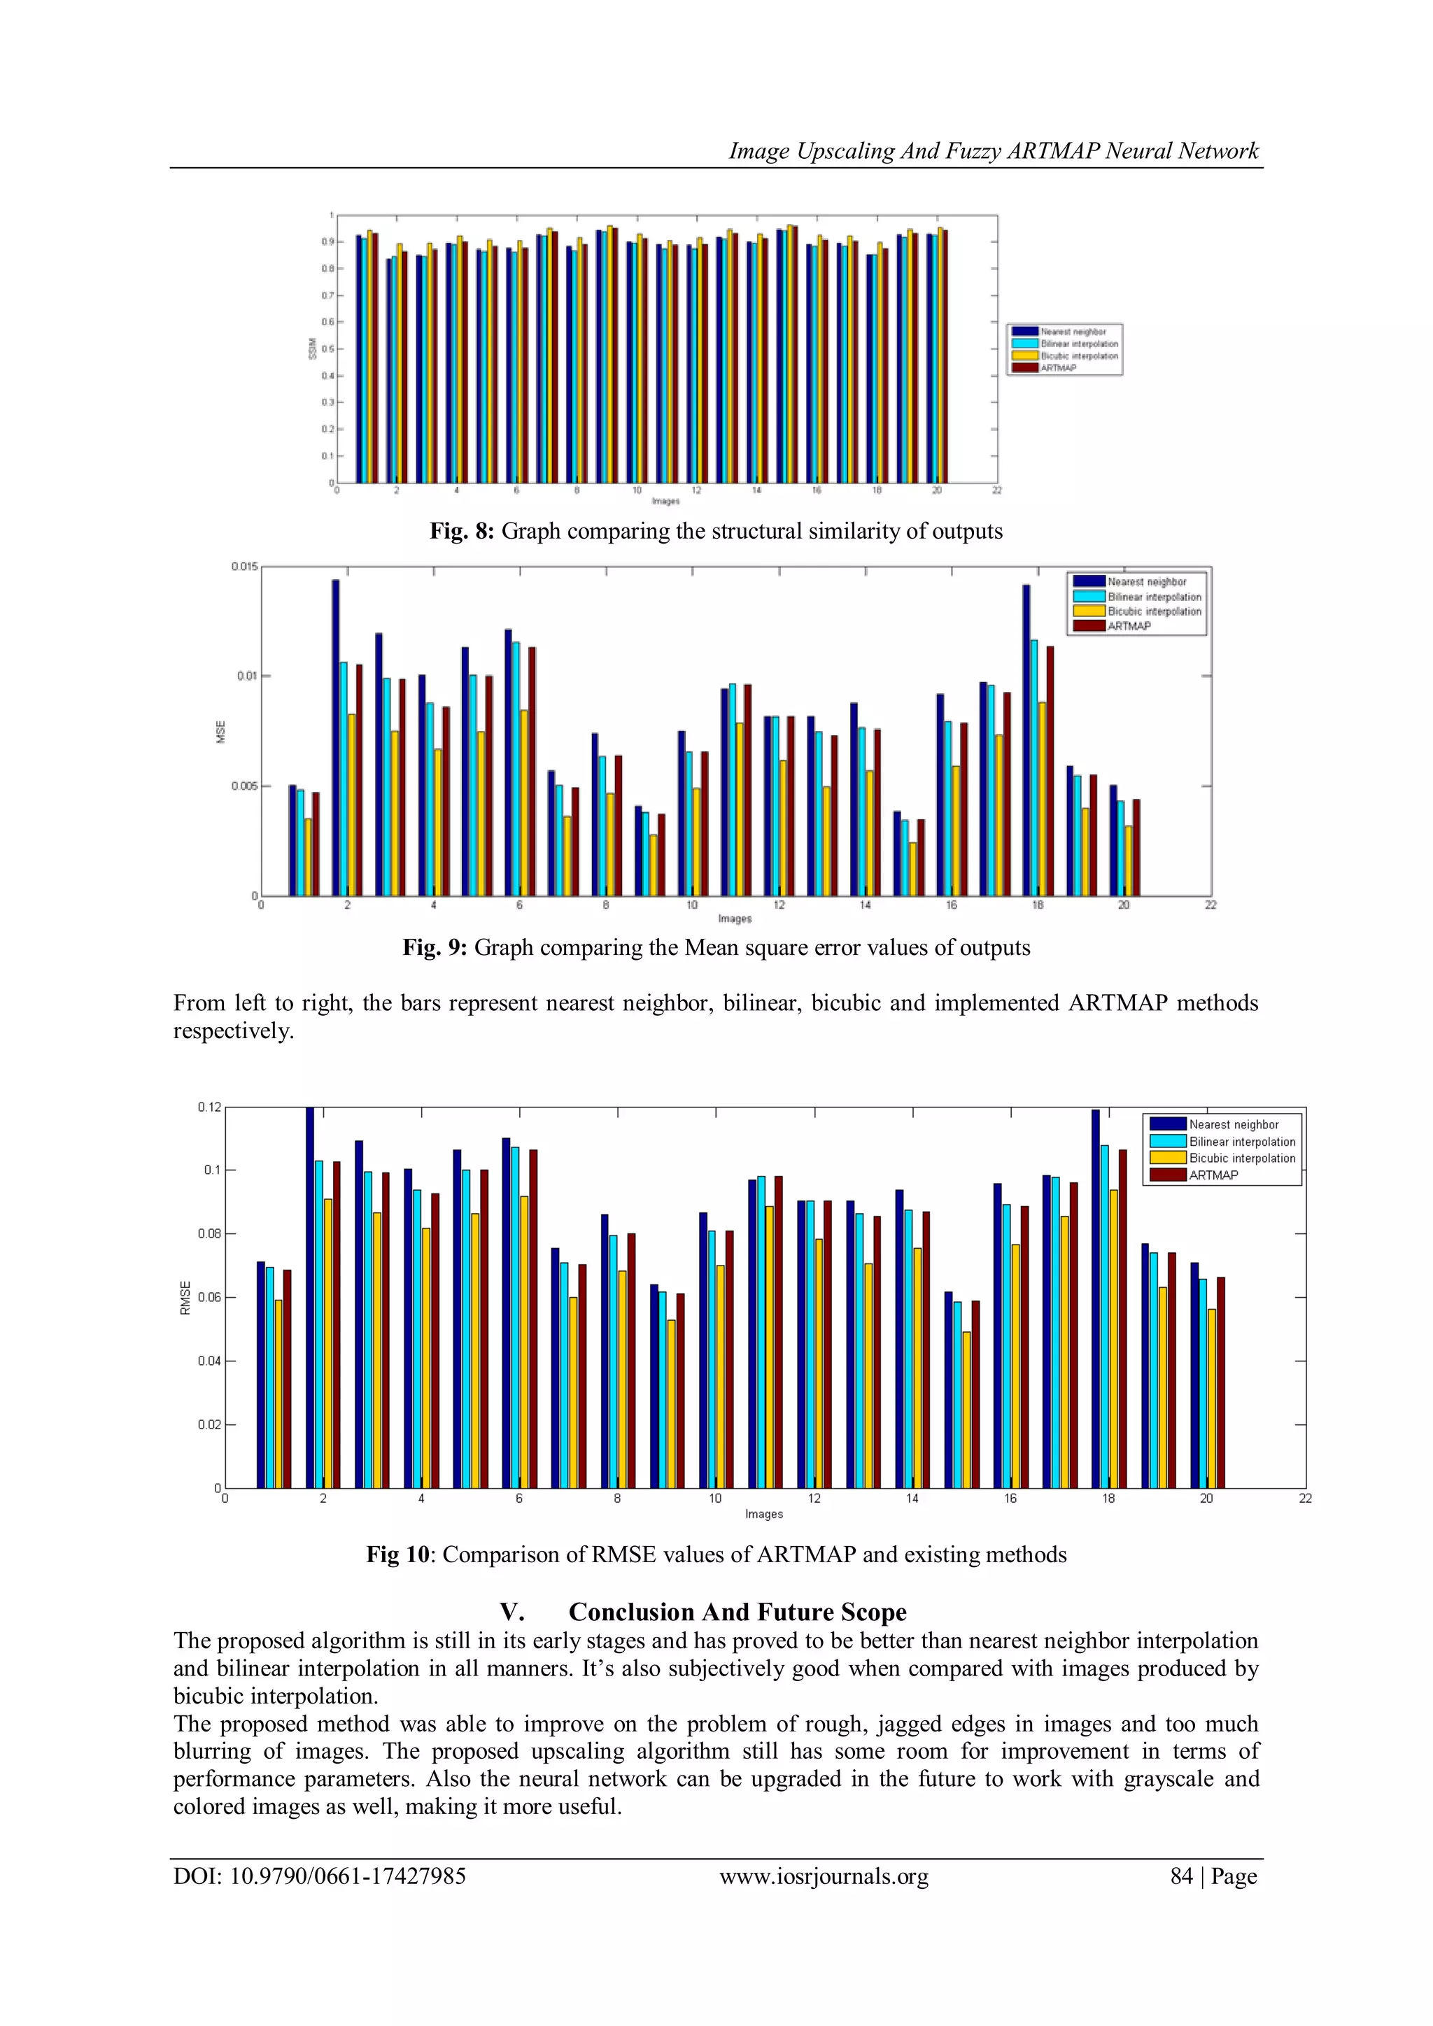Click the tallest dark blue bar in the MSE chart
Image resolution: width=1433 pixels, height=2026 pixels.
pos(335,737)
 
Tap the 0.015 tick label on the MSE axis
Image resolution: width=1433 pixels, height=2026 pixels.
pos(244,567)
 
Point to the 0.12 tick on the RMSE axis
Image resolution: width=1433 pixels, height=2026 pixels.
pos(209,1107)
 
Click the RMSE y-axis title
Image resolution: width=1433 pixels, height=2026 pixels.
pos(185,1298)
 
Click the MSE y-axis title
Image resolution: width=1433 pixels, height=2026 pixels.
pos(222,732)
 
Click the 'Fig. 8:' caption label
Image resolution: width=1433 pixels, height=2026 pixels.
pos(462,531)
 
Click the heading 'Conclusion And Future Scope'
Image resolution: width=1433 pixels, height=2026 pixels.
pos(737,1612)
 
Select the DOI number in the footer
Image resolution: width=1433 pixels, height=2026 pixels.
pos(348,1876)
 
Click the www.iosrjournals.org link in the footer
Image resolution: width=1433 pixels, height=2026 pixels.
pos(824,1876)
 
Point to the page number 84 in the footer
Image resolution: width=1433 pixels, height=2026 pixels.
pos(1182,1876)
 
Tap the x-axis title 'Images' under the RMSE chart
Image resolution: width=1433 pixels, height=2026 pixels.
pos(763,1514)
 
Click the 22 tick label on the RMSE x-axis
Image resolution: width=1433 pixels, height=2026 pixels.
pos(1305,1499)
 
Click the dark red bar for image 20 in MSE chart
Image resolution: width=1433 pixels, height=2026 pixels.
pos(1136,847)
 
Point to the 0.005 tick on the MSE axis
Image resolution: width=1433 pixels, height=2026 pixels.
pos(244,786)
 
